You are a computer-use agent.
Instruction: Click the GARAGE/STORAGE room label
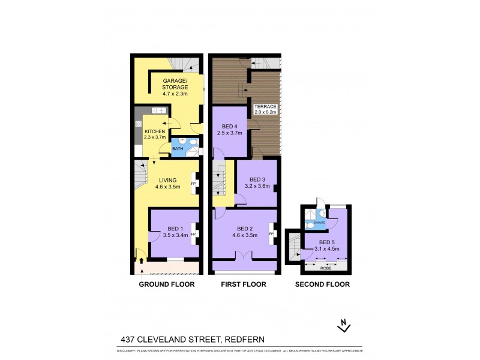point(175,81)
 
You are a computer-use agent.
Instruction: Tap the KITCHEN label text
point(154,131)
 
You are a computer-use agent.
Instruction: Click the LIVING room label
point(168,179)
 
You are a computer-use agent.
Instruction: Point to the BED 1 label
point(176,228)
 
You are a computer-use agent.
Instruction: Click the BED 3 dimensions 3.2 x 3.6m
point(257,187)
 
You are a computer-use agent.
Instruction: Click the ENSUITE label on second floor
point(319,223)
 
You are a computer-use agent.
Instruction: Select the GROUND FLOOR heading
point(167,284)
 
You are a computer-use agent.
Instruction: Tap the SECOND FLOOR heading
point(322,284)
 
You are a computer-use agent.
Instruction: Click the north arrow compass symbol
point(344,326)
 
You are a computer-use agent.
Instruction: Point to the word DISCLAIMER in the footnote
point(125,350)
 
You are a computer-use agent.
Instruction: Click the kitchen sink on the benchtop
point(158,111)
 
